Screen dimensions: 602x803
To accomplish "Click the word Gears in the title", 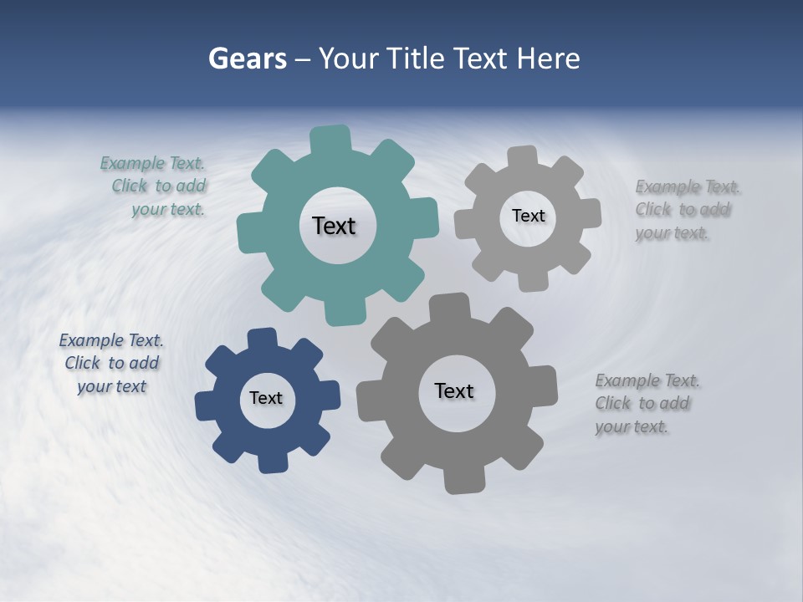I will tap(247, 59).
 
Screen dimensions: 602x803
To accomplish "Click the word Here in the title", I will tap(548, 59).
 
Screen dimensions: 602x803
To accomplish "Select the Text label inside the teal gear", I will tap(334, 226).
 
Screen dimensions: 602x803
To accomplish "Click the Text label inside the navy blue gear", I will tap(266, 399).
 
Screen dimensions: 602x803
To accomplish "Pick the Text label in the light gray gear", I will tap(528, 216).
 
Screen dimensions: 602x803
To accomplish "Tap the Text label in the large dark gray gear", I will tap(454, 391).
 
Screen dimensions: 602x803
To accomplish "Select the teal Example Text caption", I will tap(154, 186).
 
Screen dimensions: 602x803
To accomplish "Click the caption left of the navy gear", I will tap(111, 364).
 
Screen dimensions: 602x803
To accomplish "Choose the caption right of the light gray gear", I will tap(687, 210).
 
